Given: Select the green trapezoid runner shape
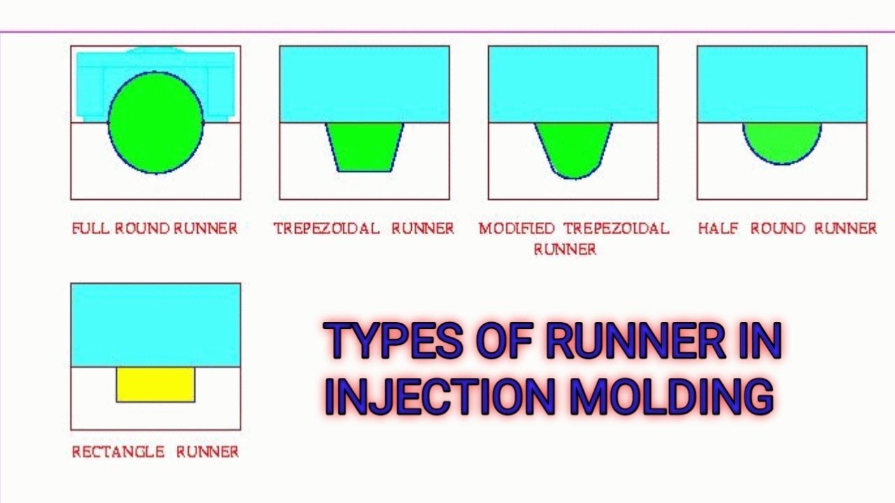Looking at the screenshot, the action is coord(364,146).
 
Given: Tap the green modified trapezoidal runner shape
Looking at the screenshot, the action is coord(573,147).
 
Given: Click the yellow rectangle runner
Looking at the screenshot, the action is coord(155,384).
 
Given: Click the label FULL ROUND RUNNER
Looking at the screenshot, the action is coord(155,228).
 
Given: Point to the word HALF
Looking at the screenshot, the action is coord(717,228).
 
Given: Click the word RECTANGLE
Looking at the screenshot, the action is coord(118,452).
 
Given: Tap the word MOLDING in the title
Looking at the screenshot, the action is coord(671,396).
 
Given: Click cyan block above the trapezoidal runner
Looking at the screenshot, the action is coord(364,84).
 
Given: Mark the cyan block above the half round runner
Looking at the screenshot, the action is coord(782,84).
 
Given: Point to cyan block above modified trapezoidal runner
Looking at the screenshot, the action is coord(573,84).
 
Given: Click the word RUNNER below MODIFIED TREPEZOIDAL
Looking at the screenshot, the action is coord(565,249).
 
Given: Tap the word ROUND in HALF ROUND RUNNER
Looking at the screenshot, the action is coord(777,228).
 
